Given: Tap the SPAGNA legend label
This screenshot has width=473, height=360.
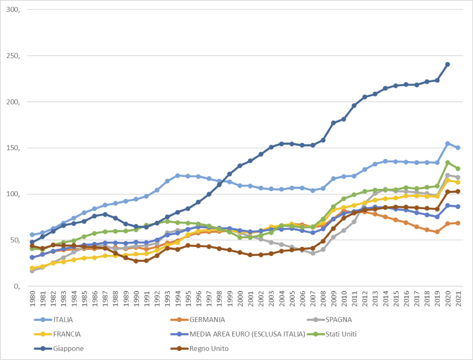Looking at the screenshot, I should pyautogui.click(x=338, y=319).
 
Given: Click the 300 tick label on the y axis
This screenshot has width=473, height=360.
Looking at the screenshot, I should pyautogui.click(x=14, y=10).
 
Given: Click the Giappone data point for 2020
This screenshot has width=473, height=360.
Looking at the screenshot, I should pyautogui.click(x=448, y=64).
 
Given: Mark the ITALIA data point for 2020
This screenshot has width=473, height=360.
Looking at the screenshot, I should pyautogui.click(x=448, y=143).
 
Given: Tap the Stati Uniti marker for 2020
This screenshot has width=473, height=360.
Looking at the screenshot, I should pyautogui.click(x=448, y=162).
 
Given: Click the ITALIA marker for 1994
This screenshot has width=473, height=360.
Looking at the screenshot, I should pyautogui.click(x=177, y=176).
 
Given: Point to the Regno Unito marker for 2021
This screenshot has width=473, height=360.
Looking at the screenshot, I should pyautogui.click(x=458, y=191).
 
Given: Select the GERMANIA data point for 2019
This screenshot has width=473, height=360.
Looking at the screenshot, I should pyautogui.click(x=437, y=232).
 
